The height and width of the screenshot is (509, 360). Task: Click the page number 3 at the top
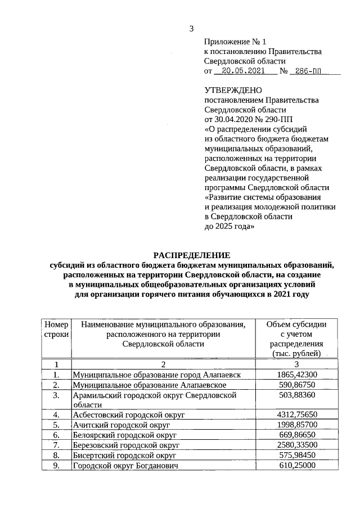tap(192, 29)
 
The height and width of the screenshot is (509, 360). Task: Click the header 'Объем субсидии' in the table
tap(295, 325)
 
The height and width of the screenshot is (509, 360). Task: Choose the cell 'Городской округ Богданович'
tap(124, 466)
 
